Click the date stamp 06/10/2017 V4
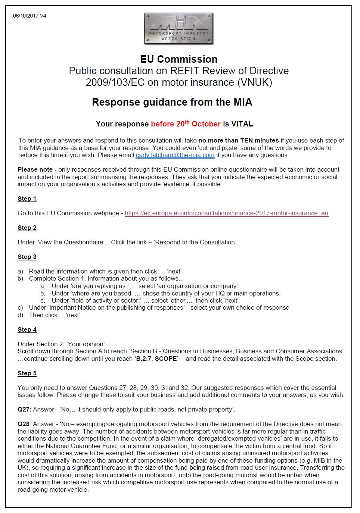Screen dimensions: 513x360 coord(30,16)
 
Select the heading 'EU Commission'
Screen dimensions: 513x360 coord(179,59)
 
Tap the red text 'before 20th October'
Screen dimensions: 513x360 coord(186,124)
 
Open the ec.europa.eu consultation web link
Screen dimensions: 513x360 coord(226,213)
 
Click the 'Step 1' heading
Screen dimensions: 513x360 coord(27,198)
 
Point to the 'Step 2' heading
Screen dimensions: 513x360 coord(27,228)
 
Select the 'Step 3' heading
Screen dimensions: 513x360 coord(27,257)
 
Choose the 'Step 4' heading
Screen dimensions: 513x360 coord(27,329)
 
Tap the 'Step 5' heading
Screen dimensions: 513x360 coord(27,373)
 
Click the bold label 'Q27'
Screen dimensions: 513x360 coord(24,409)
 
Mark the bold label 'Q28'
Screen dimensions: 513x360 coord(24,424)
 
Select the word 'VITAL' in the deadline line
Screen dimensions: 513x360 coord(242,124)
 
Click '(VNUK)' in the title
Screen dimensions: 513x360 coord(255,82)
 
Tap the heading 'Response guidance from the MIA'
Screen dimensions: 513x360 coord(172,102)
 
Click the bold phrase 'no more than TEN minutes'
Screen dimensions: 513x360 coord(238,140)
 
